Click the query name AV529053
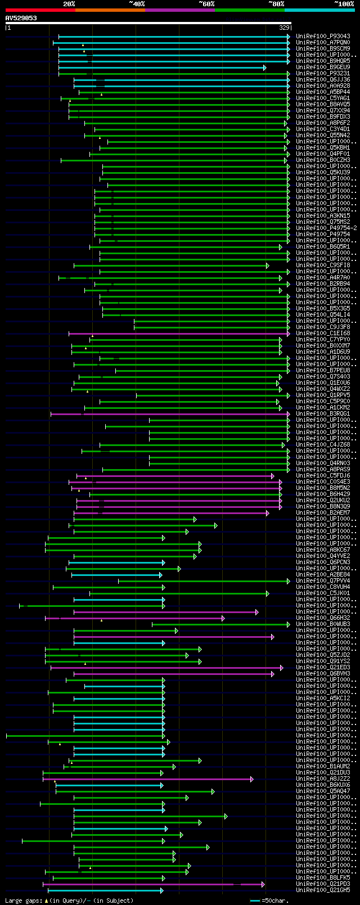coord(21,18)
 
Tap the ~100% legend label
coord(344,4)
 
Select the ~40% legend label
coord(137,4)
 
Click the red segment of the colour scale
coord(40,10)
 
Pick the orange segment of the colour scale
coord(110,10)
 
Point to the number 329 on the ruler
coord(284,28)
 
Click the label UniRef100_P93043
coord(323,37)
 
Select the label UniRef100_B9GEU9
coord(323,67)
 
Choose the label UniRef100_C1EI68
coord(323,334)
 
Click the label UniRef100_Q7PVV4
coord(323,581)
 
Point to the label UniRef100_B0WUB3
coord(323,624)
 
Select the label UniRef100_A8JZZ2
coord(323,779)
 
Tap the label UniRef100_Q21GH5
coord(323,890)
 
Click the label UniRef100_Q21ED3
coord(323,668)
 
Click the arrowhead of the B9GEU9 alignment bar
coord(264,67)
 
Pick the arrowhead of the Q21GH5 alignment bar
coord(161,890)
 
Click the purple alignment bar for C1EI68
coord(180,334)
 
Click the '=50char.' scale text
coord(275,901)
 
